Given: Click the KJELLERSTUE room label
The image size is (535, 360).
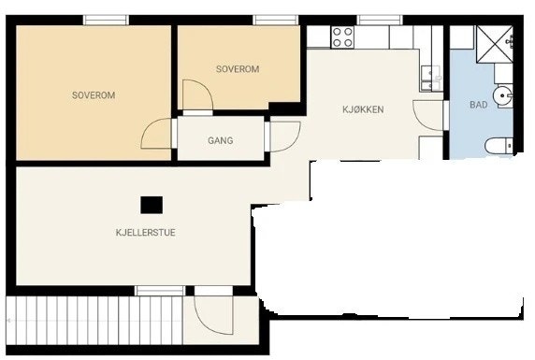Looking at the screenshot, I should click(x=145, y=232).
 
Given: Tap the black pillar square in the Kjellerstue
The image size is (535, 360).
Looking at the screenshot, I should click(x=151, y=204).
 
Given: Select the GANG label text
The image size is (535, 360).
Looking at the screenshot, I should click(x=220, y=141).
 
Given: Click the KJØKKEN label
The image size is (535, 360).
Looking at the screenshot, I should click(x=363, y=109).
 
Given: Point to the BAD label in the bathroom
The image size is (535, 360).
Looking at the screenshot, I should click(x=478, y=106).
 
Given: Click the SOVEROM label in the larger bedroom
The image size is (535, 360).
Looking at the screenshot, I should click(x=93, y=94).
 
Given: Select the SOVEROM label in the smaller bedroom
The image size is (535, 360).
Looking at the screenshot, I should click(x=237, y=69).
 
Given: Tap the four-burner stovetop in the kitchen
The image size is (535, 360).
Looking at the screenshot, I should click(x=342, y=36).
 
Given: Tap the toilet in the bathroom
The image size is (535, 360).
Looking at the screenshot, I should click(x=499, y=145).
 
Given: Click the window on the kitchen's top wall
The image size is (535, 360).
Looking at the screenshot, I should click(x=380, y=20).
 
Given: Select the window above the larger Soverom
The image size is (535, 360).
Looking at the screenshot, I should click(x=106, y=20).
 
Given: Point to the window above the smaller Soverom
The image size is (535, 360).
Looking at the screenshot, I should click(x=276, y=20).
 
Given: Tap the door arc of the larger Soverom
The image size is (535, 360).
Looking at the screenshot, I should click(x=156, y=136).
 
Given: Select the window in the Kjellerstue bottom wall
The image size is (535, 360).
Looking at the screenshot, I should click(x=160, y=291).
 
